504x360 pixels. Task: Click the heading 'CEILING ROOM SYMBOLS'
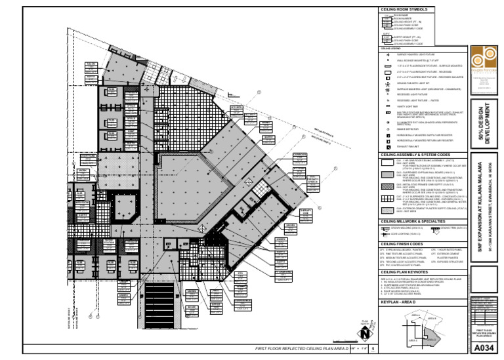(x=402, y=9)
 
